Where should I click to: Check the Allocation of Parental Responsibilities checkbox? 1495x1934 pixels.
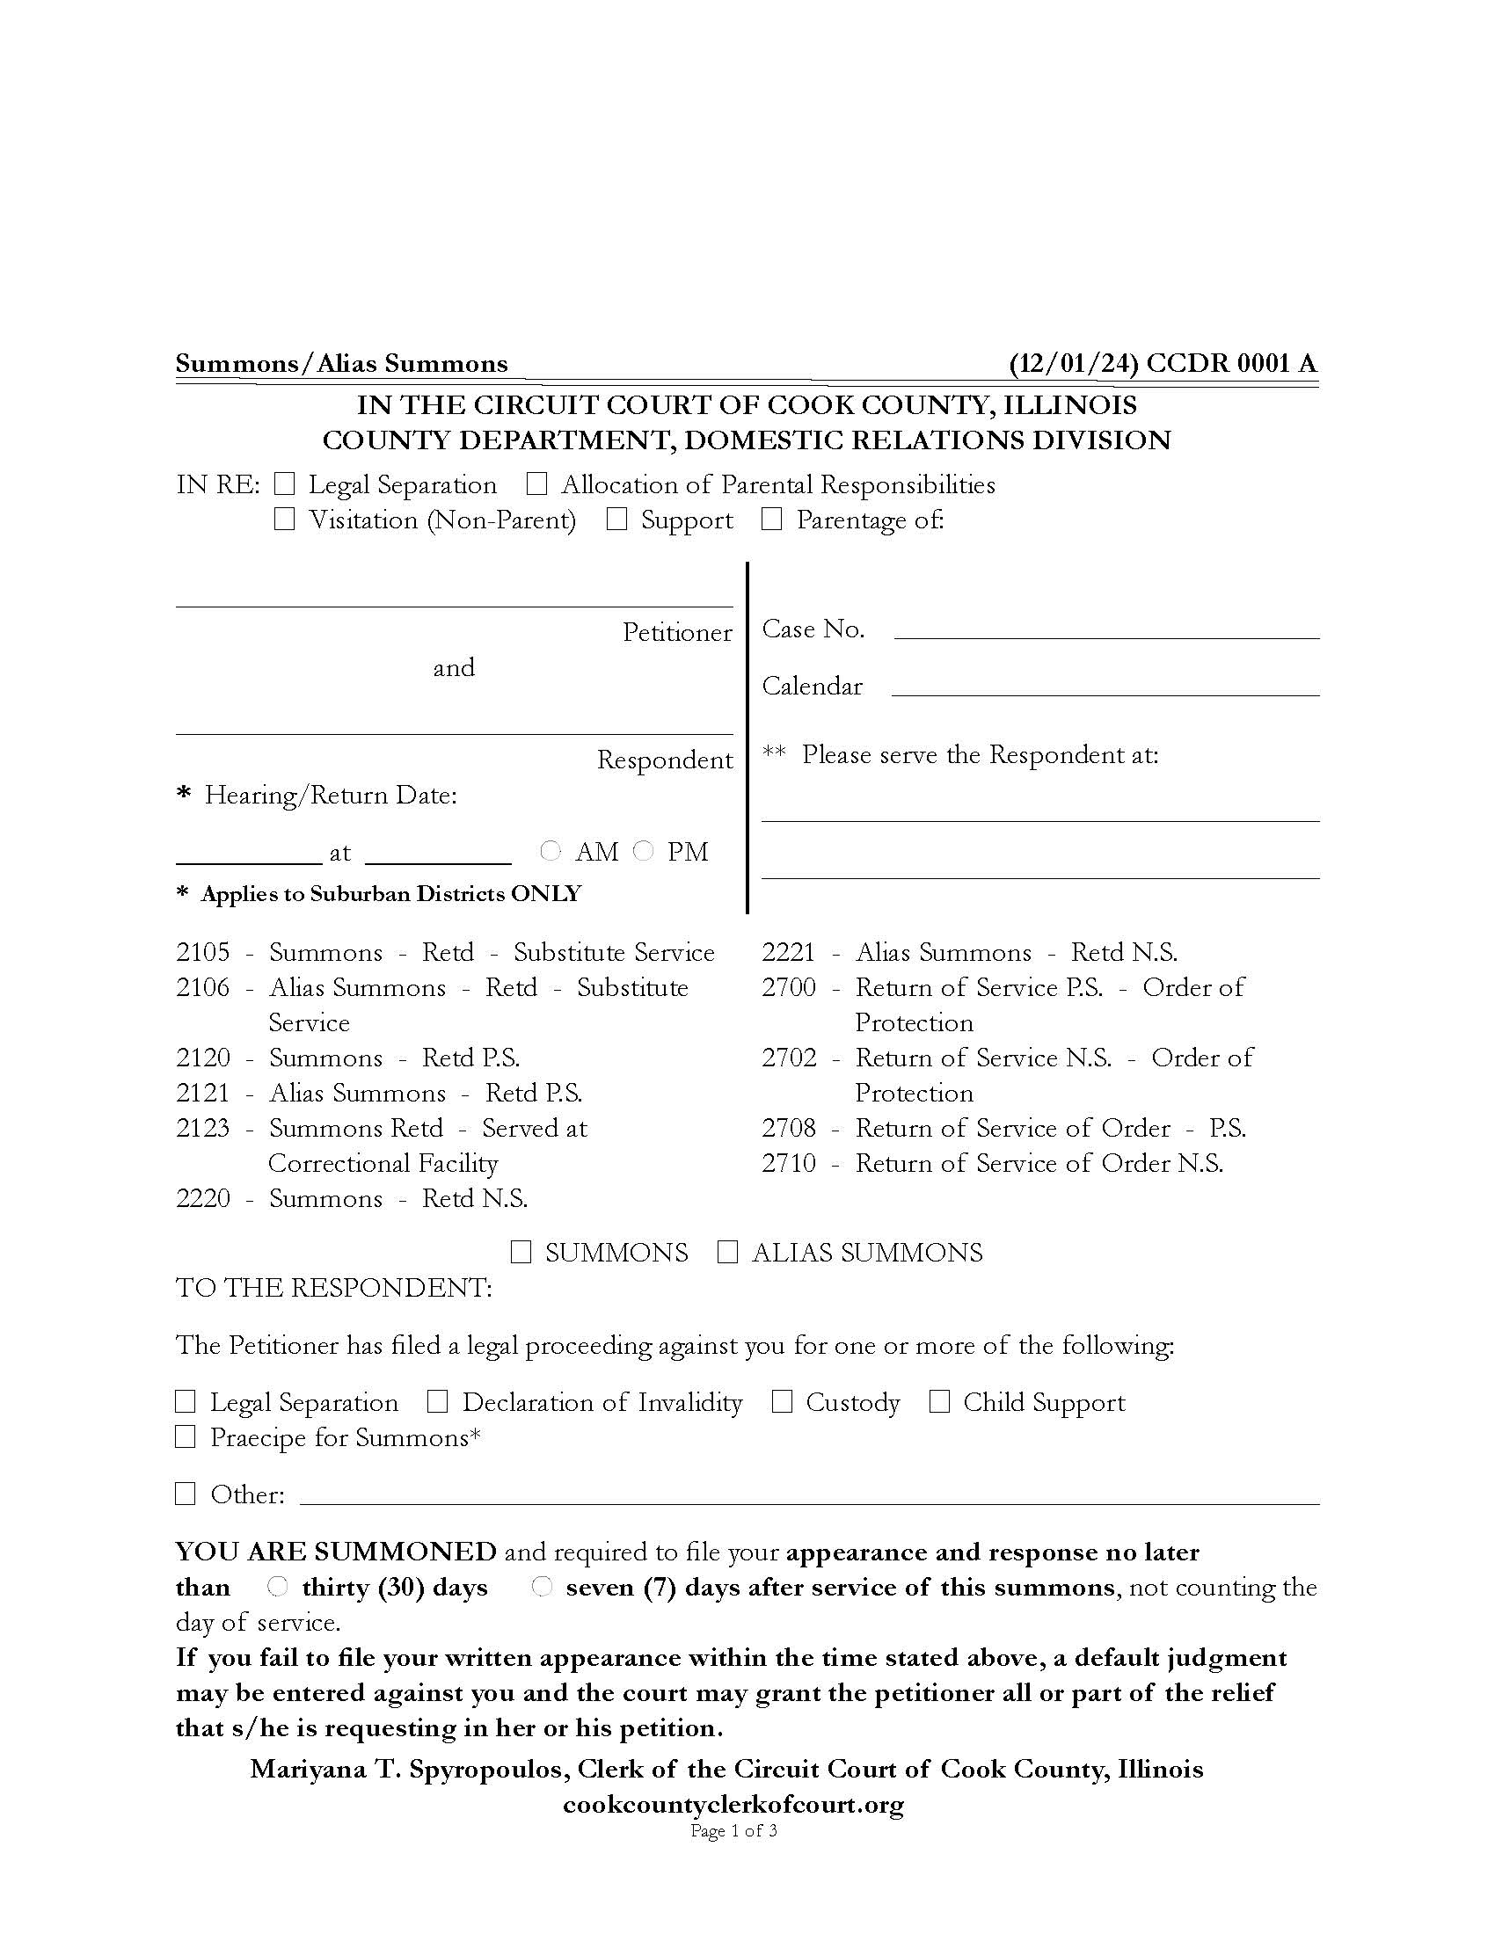[x=536, y=484]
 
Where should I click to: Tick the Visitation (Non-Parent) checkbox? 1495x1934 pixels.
[x=284, y=520]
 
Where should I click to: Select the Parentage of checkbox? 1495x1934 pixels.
[x=772, y=520]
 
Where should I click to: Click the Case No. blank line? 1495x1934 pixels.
[x=1106, y=629]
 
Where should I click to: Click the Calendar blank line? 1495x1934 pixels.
[x=1105, y=687]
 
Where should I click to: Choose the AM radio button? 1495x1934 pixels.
[x=551, y=851]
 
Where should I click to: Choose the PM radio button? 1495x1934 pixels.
[x=644, y=851]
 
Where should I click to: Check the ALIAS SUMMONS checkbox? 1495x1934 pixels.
[x=727, y=1252]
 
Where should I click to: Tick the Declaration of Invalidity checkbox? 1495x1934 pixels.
[x=438, y=1402]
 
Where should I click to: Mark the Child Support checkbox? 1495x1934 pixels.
[x=940, y=1402]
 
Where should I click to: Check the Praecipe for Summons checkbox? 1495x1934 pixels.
[x=185, y=1436]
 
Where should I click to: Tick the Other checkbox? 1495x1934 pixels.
[x=185, y=1494]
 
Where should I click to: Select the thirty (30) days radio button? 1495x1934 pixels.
[x=277, y=1587]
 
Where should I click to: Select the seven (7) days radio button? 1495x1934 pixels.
[x=541, y=1587]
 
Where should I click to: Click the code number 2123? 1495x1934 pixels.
[x=203, y=1128]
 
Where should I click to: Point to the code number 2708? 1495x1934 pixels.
[x=788, y=1128]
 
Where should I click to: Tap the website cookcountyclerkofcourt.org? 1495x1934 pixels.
[x=733, y=1804]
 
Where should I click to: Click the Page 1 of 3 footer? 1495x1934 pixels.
[x=733, y=1830]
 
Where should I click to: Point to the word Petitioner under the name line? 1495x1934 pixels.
[x=676, y=632]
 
